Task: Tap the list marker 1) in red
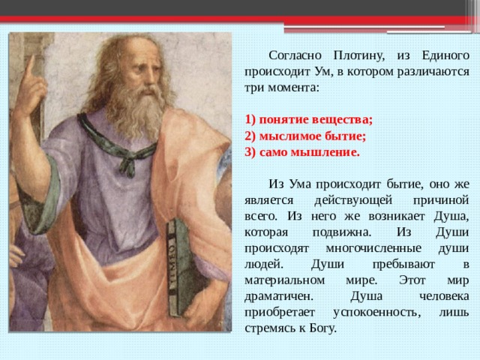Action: coord(250,119)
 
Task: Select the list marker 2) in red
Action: coord(250,136)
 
